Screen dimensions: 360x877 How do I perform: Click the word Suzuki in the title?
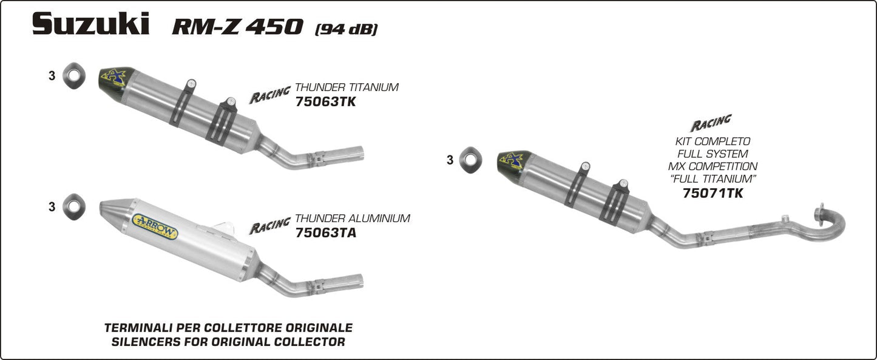[x=91, y=24]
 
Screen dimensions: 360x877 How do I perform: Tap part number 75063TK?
[x=325, y=102]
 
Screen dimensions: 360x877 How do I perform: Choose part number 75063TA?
[x=325, y=233]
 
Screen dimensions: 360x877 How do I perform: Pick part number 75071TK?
[x=713, y=194]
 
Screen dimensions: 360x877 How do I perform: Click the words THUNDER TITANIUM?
[x=347, y=87]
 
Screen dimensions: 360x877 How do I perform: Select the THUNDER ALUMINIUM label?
[x=352, y=219]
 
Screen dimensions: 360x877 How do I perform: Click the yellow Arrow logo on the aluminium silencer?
[x=154, y=226]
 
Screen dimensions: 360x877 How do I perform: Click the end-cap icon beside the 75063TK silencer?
[x=74, y=76]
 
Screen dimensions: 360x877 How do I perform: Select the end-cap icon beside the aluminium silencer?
[x=74, y=206]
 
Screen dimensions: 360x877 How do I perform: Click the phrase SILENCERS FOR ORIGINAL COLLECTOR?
[x=228, y=342]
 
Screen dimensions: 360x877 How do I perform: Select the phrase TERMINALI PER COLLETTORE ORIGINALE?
[x=228, y=328]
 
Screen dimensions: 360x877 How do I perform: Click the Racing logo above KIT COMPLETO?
[x=711, y=124]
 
